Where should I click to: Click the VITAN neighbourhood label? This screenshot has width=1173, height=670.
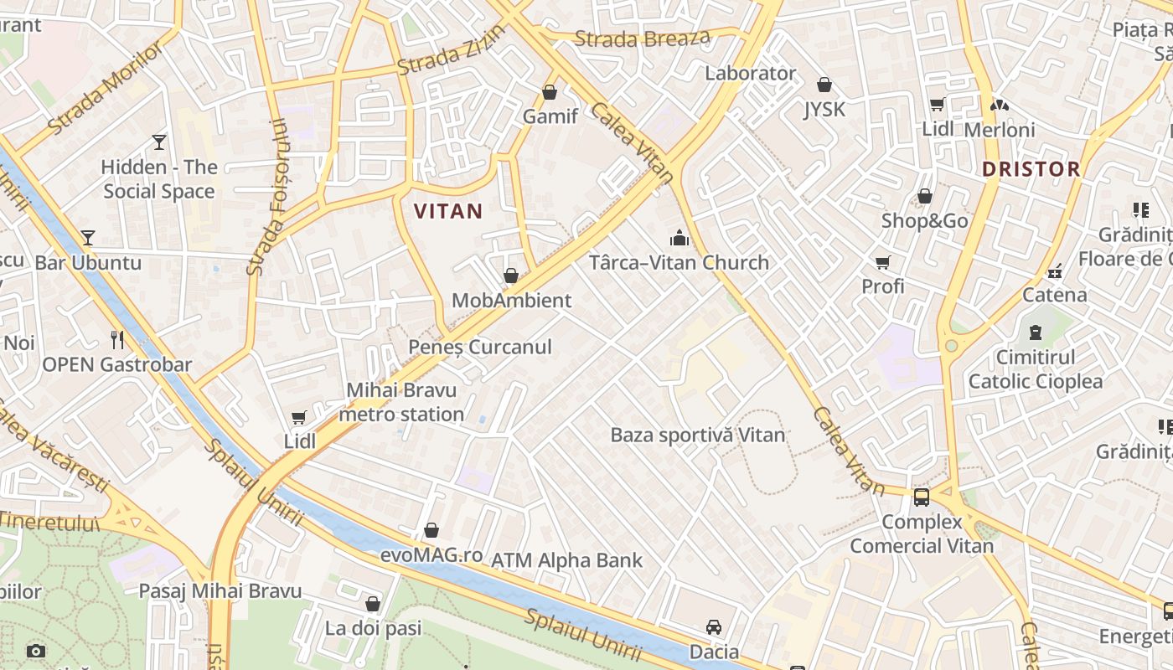pyautogui.click(x=448, y=211)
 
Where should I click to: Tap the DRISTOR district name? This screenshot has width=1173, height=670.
pyautogui.click(x=1031, y=169)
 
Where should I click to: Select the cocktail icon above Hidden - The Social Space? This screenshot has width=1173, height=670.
pyautogui.click(x=159, y=142)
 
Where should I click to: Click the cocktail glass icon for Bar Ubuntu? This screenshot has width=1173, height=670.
pyautogui.click(x=88, y=238)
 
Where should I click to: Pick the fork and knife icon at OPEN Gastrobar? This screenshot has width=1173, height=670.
pyautogui.click(x=117, y=339)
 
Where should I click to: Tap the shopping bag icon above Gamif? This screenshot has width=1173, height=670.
pyautogui.click(x=550, y=91)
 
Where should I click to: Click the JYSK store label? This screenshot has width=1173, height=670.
pyautogui.click(x=824, y=110)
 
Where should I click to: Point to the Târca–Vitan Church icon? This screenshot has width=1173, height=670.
pyautogui.click(x=679, y=239)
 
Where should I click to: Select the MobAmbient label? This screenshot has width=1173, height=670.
pyautogui.click(x=511, y=300)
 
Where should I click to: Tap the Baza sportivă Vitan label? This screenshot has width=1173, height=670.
pyautogui.click(x=697, y=435)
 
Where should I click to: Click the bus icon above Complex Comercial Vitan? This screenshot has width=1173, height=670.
pyautogui.click(x=922, y=497)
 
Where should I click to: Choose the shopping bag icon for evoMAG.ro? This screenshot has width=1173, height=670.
pyautogui.click(x=431, y=530)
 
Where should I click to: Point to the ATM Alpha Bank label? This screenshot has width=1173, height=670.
pyautogui.click(x=566, y=560)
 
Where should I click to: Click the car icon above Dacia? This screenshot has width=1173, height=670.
pyautogui.click(x=714, y=626)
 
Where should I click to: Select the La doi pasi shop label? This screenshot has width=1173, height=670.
pyautogui.click(x=373, y=628)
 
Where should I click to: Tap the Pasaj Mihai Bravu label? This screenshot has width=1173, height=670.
pyautogui.click(x=220, y=590)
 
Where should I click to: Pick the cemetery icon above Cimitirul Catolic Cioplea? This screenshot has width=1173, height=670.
pyautogui.click(x=1036, y=332)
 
